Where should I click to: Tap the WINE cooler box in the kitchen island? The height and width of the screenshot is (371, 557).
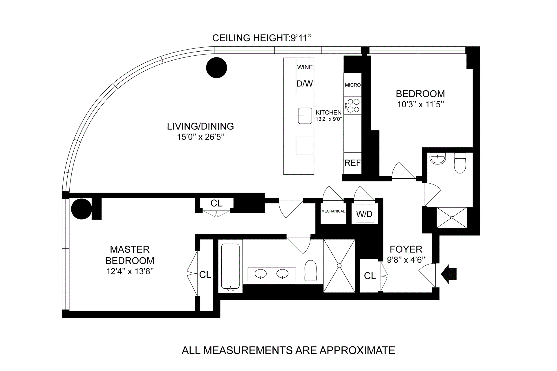[x=305, y=67]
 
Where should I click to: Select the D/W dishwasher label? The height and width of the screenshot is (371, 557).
[x=305, y=84]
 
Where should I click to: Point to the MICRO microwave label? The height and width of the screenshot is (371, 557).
[x=352, y=85]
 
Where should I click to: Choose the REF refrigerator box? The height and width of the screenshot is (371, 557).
[x=352, y=163]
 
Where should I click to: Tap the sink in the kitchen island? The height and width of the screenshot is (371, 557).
[x=305, y=116]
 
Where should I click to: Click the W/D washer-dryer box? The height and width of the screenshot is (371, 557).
[x=364, y=214]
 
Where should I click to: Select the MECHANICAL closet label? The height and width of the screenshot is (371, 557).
[x=333, y=211]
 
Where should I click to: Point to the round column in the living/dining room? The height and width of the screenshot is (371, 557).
[x=216, y=68]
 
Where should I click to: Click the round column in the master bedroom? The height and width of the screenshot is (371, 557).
[x=82, y=209]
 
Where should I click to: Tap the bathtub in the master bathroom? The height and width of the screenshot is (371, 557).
[x=230, y=267]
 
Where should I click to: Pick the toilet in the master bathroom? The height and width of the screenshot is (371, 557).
[x=311, y=270]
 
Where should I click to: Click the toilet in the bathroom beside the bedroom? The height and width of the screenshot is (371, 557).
[x=460, y=163]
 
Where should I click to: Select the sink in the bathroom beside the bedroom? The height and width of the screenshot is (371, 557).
[x=438, y=159]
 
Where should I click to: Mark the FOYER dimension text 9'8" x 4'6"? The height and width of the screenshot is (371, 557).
[x=406, y=260]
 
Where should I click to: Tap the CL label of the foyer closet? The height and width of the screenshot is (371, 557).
[x=370, y=276]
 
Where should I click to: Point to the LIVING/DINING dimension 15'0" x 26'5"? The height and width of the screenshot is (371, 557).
[x=201, y=137]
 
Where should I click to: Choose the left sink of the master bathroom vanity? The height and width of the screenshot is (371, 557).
[x=261, y=274]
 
